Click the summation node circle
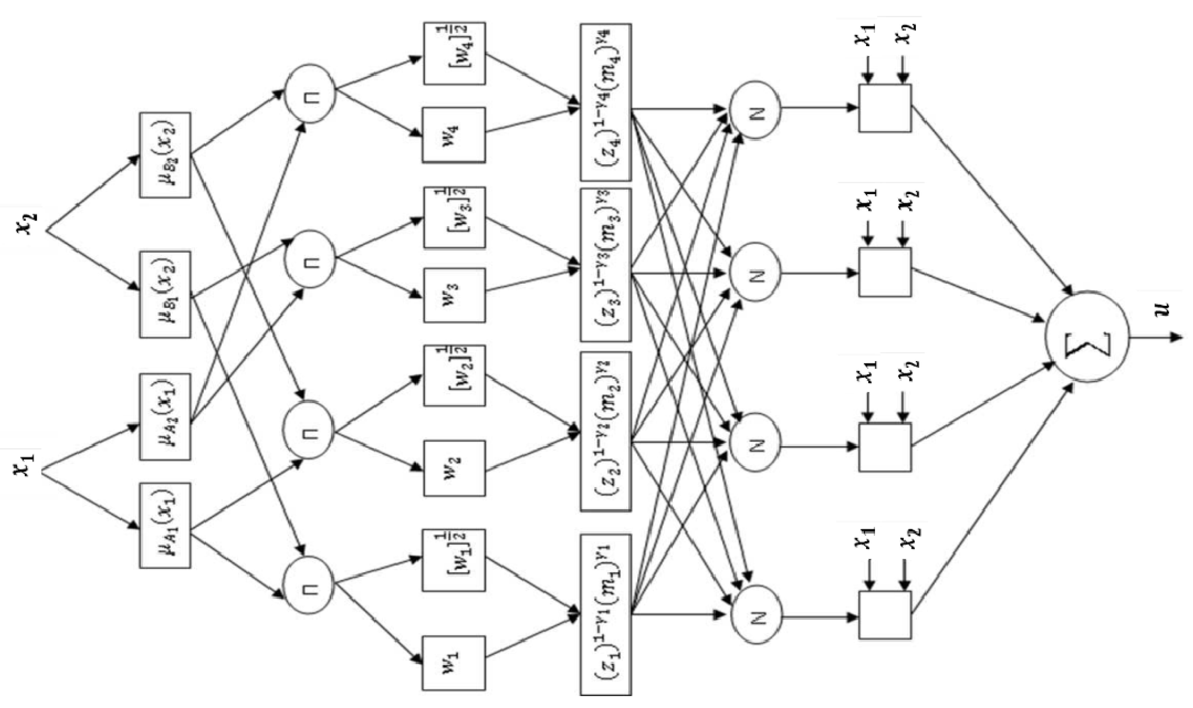1087,337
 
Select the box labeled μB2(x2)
165,155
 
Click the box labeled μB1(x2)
165,294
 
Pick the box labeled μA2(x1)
165,416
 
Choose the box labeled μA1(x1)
165,525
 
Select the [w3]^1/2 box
454,217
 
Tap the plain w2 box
454,468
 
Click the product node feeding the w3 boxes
310,259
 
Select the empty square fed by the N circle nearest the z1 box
885,615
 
